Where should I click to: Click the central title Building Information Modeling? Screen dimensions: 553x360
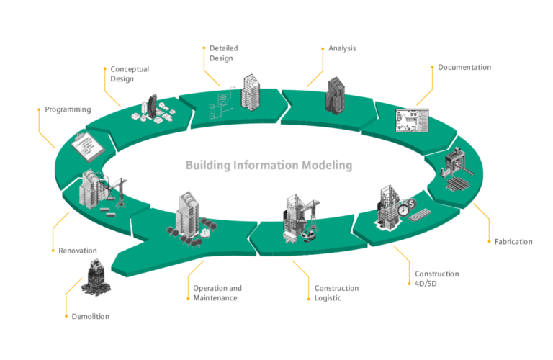pos(269,165)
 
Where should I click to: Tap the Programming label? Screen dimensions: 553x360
pos(68,109)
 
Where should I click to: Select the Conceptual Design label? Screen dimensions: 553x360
pos(130,73)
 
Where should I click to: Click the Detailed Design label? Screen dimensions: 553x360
pos(224,53)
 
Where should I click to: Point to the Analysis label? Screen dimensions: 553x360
pos(342,48)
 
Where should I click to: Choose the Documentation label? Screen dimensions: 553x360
pos(464,67)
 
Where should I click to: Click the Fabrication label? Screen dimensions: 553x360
pos(513,241)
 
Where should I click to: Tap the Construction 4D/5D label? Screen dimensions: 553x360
pos(436,279)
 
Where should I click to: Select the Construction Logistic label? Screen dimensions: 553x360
pos(336,293)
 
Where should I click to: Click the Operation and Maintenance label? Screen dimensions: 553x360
pos(217,293)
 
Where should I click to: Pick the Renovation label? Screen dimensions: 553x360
pos(78,251)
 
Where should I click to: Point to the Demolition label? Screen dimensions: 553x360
pos(90,316)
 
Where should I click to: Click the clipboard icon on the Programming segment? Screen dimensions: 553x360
pos(87,147)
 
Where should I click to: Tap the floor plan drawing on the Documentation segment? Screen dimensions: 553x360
pos(412,120)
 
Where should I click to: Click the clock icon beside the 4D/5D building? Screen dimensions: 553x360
pos(403,210)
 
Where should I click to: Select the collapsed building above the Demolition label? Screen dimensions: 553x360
pos(96,278)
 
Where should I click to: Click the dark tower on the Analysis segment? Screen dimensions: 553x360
pos(335,96)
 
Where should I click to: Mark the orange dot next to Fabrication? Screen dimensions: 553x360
pos(489,241)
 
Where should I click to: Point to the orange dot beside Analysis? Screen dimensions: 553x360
pos(323,49)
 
